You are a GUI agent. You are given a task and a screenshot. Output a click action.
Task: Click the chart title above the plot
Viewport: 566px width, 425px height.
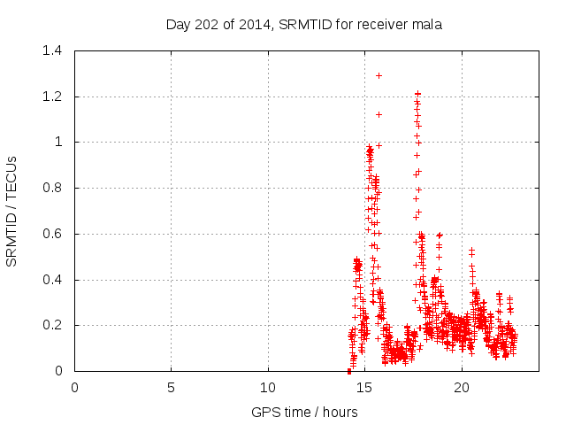(304, 24)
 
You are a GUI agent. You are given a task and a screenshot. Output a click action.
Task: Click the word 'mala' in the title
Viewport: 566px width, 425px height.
(427, 24)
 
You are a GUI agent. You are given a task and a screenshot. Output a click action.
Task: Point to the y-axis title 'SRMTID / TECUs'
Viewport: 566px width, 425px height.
(12, 211)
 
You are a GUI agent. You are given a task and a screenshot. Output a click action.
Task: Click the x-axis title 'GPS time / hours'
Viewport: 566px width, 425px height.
(304, 412)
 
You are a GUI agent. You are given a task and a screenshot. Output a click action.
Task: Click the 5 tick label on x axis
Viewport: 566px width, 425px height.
(172, 388)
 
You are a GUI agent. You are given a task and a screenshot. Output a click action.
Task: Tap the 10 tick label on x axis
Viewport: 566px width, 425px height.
(268, 388)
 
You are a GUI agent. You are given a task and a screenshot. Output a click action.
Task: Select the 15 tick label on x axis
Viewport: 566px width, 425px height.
(364, 388)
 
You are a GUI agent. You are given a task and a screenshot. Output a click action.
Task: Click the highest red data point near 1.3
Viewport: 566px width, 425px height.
(379, 75)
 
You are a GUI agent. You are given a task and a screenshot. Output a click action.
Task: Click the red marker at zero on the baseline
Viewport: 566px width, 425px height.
(349, 371)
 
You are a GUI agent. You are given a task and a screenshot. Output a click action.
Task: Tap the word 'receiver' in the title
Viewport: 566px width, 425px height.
(383, 24)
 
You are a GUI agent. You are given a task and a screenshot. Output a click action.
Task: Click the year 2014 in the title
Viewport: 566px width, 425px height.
(250, 24)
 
